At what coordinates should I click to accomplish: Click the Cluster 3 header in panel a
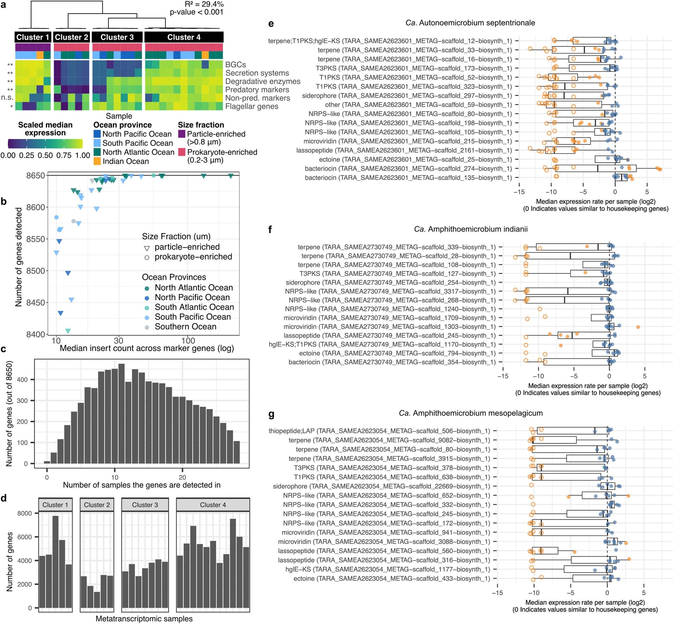point(117,37)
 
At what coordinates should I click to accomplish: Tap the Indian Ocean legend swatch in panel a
point(97,161)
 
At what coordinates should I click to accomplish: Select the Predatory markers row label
point(257,89)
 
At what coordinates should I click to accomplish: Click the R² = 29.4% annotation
point(204,4)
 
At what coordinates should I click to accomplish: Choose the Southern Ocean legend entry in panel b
point(185,326)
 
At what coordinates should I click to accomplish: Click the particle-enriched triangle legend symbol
point(147,248)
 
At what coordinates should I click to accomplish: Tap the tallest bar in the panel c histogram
point(121,413)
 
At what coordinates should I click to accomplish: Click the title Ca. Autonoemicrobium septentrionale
point(470,23)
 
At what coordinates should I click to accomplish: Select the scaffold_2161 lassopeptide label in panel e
point(404,150)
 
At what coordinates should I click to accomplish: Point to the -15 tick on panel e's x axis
point(519,192)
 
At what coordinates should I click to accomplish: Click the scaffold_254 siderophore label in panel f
point(390,282)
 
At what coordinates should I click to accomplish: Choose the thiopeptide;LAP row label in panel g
point(379,431)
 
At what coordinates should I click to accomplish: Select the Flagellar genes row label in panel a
point(252,106)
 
